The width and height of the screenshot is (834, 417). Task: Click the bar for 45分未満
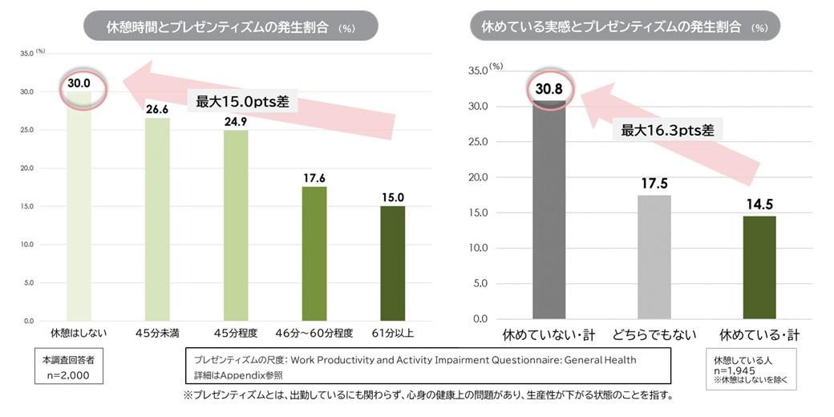point(157,219)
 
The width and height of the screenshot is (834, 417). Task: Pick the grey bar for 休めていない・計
point(549,213)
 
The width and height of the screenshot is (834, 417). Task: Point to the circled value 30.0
point(79,83)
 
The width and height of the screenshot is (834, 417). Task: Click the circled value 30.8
point(549,89)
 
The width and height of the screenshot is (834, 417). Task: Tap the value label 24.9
point(236,122)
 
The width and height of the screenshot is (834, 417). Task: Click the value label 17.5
point(654,184)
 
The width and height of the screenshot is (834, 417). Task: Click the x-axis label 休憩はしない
point(79,332)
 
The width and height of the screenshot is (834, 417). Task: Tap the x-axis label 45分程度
point(236,332)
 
